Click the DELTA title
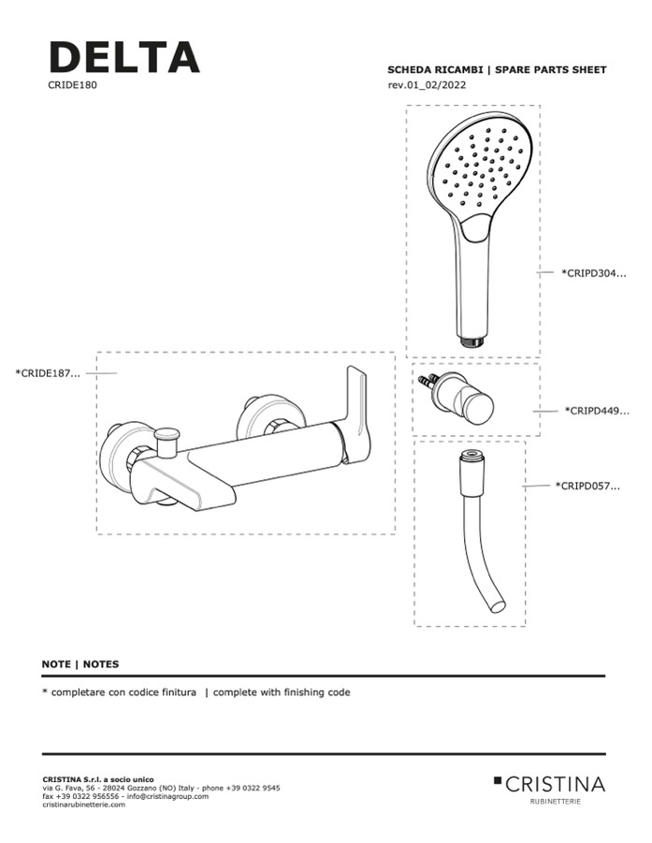coord(124,57)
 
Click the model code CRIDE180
coord(73,85)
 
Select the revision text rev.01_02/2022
coord(427,85)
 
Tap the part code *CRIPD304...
coord(594,273)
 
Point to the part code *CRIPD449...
coord(597,412)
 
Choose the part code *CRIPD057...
coord(587,487)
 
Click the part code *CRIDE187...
coord(48,373)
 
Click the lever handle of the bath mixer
coord(358,412)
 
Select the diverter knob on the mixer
coord(168,439)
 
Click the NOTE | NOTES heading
coord(80,664)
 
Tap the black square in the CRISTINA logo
coord(497,779)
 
